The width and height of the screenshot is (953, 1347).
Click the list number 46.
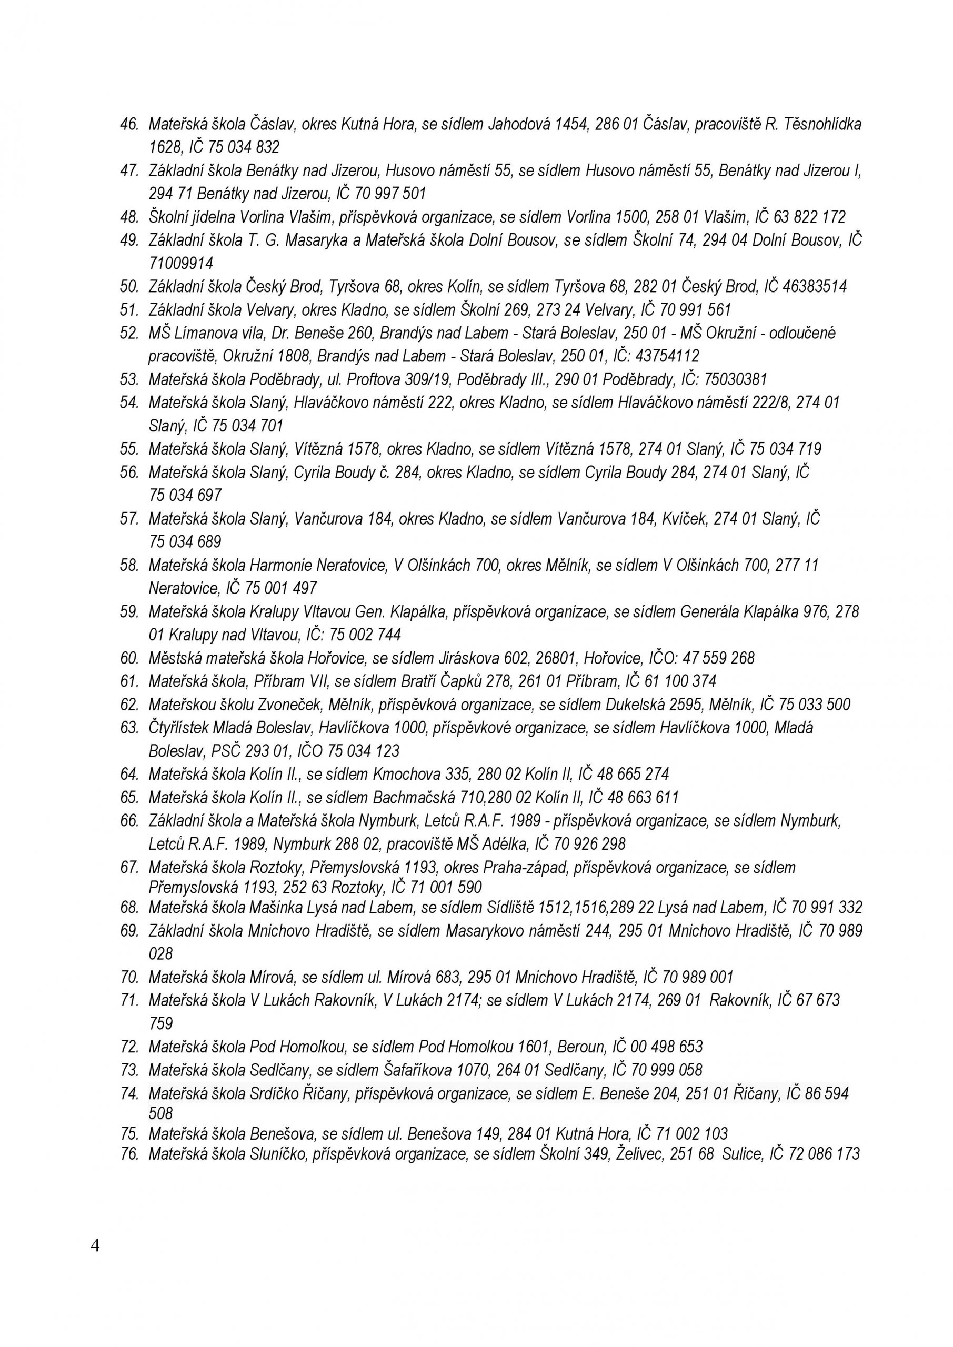pos(128,124)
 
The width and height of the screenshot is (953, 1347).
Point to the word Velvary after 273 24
pos(610,310)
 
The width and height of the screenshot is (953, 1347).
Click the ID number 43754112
pos(667,356)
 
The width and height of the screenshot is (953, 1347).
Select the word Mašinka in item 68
pos(274,908)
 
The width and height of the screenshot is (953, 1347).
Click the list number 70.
pos(128,978)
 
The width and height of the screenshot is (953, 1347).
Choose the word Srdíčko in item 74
pos(274,1093)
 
